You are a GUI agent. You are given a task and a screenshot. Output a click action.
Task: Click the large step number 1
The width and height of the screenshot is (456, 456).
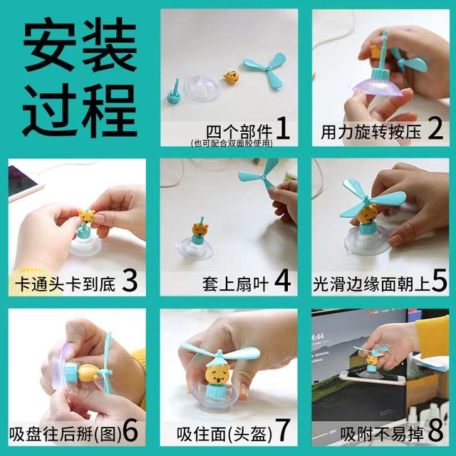point(282,128)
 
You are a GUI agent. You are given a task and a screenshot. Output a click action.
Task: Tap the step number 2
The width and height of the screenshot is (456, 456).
point(435,128)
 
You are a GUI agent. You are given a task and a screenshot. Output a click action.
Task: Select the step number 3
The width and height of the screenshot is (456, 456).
point(130,280)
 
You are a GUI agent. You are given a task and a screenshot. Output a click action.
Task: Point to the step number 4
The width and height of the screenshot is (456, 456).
point(282,280)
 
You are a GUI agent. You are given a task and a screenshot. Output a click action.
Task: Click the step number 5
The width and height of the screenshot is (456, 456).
point(439,280)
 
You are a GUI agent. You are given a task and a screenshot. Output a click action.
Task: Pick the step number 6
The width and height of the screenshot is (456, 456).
point(130,431)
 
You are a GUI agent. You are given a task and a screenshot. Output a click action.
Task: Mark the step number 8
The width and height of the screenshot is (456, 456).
point(435,431)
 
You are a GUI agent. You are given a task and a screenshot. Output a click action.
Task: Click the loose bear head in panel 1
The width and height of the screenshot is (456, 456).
point(232,77)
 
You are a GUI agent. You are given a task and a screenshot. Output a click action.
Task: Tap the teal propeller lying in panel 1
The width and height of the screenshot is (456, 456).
point(266,71)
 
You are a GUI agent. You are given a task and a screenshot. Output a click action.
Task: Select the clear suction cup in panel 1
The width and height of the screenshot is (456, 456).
point(201,88)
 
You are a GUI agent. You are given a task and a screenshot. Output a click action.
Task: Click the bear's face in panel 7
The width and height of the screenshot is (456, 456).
point(218,376)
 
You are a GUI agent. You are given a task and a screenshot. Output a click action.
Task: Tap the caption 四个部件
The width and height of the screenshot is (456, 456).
point(239,133)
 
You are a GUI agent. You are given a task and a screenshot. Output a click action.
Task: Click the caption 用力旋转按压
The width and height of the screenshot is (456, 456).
point(371,133)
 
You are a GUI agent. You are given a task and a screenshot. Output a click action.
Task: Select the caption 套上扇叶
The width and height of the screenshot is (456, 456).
point(235,284)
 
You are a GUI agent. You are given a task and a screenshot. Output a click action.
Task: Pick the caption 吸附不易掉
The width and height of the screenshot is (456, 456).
point(382,435)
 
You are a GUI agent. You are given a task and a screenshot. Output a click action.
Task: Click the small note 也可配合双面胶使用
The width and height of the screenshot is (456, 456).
point(232,142)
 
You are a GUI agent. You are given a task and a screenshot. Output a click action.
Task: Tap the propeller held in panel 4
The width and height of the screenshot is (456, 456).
point(258,174)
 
